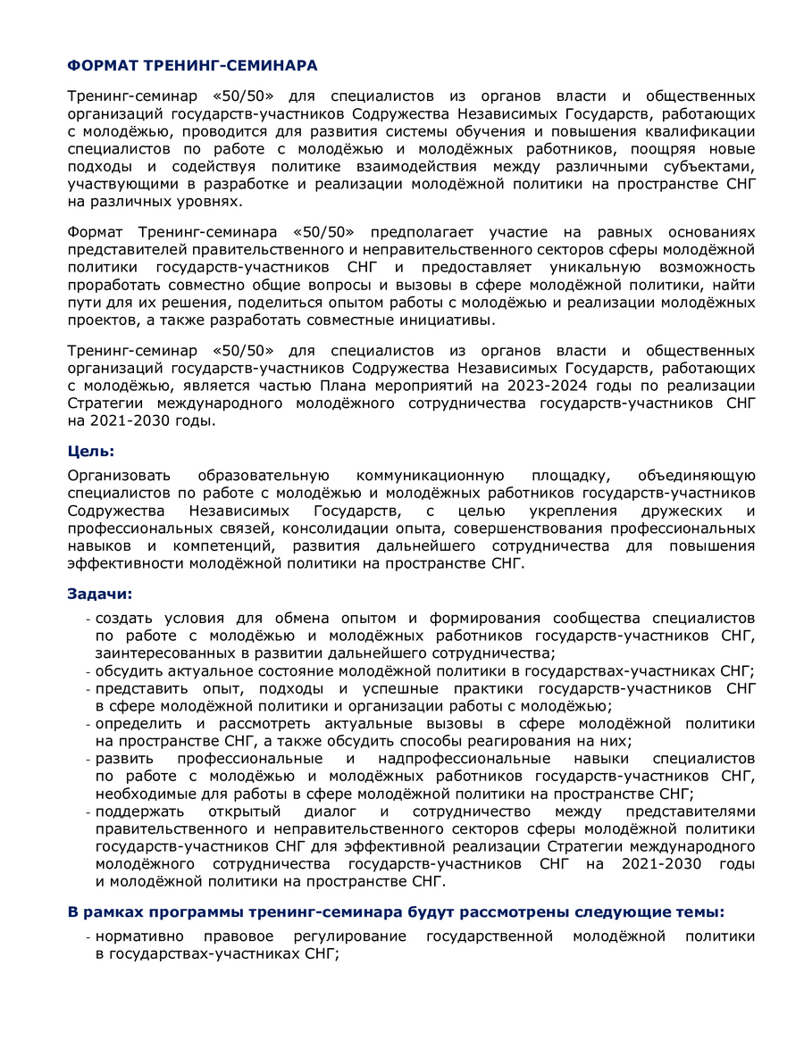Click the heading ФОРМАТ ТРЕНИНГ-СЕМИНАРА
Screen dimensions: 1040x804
[x=192, y=66]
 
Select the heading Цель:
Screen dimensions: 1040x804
[x=91, y=452]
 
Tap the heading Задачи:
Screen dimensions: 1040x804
[x=100, y=594]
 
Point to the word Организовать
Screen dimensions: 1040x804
[x=118, y=476]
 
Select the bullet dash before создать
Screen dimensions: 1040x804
[x=88, y=619]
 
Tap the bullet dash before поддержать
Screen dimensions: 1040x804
[x=88, y=812]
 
